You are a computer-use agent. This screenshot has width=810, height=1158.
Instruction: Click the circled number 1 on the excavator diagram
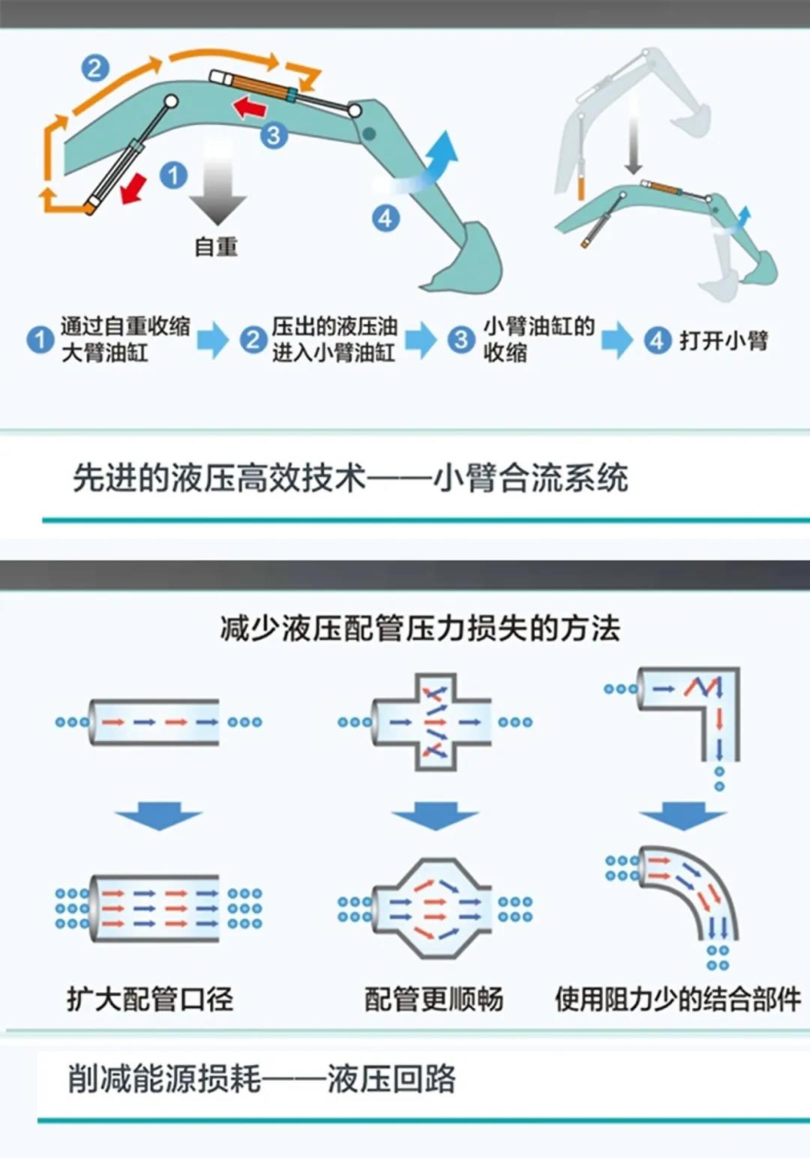pyautogui.click(x=174, y=175)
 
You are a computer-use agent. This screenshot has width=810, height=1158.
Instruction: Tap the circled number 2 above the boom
pyautogui.click(x=95, y=68)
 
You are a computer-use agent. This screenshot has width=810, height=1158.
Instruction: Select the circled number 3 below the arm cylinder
pyautogui.click(x=274, y=136)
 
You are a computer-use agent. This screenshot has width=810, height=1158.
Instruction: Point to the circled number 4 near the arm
pyautogui.click(x=385, y=218)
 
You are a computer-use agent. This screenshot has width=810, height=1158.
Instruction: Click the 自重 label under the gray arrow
pyautogui.click(x=216, y=247)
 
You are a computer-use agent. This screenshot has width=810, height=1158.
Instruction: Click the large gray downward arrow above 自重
pyautogui.click(x=217, y=187)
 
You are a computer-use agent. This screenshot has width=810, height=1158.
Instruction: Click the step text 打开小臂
pyautogui.click(x=723, y=340)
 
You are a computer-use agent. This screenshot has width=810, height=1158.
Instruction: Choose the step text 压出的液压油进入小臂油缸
pyautogui.click(x=334, y=339)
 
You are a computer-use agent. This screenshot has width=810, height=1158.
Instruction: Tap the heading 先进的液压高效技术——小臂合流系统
pyautogui.click(x=350, y=478)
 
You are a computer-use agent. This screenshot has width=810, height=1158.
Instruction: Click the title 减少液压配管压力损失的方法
pyautogui.click(x=420, y=628)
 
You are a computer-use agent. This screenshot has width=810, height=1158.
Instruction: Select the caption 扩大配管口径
pyautogui.click(x=150, y=999)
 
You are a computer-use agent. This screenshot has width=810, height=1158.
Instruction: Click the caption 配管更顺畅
pyautogui.click(x=433, y=999)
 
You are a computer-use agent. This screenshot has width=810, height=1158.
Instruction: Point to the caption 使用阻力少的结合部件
pyautogui.click(x=678, y=999)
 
